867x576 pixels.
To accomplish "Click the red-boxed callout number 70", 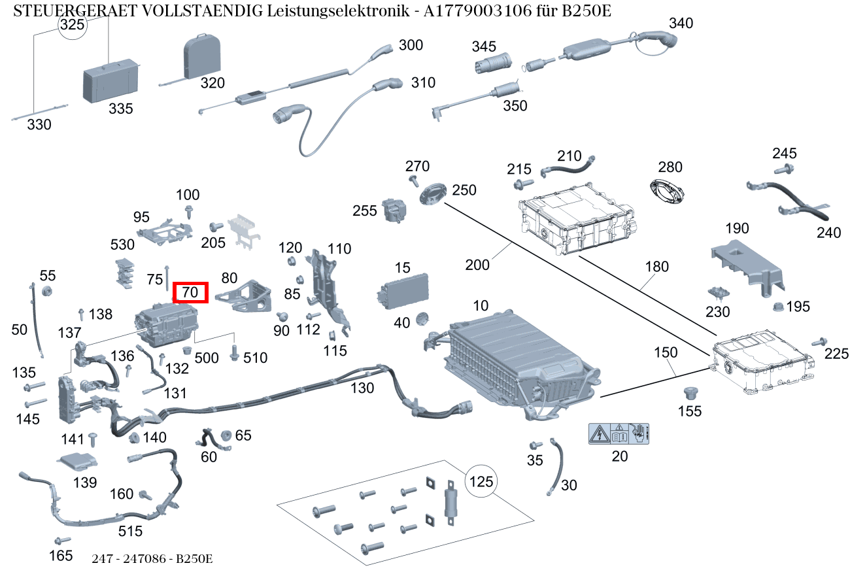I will (190, 292).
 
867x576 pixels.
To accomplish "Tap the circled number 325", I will (72, 25).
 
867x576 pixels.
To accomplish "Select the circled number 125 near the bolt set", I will (481, 483).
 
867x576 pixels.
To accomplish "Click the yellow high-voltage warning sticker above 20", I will (619, 433).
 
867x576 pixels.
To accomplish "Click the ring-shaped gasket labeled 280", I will (667, 193).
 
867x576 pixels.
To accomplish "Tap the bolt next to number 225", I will (818, 343).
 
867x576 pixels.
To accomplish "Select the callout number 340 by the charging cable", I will (681, 24).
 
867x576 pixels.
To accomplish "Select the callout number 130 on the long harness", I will (362, 388).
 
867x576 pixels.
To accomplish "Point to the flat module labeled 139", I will (77, 461).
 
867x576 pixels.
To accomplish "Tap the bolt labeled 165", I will (63, 541).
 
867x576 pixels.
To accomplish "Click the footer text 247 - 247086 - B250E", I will (152, 559).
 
